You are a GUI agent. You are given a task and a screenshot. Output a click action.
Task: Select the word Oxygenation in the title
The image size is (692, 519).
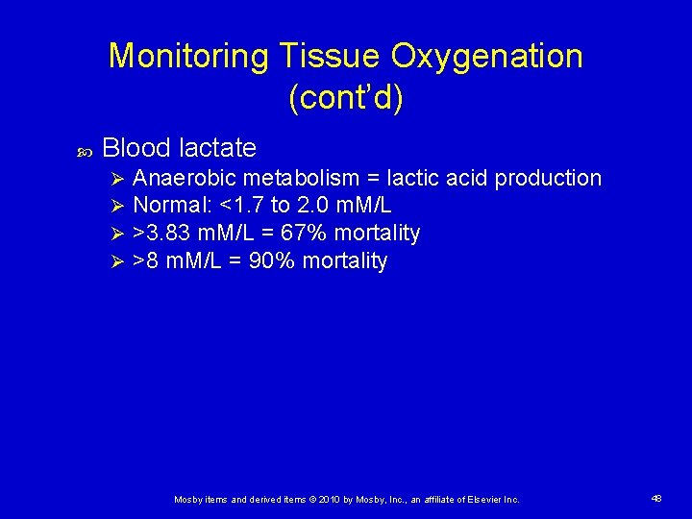[x=486, y=57]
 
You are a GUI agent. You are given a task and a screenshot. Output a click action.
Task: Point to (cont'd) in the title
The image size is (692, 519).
[x=345, y=99]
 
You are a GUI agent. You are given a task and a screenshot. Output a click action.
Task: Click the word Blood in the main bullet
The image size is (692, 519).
[x=136, y=148]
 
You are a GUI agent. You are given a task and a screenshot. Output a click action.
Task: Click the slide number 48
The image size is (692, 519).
[x=656, y=499]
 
